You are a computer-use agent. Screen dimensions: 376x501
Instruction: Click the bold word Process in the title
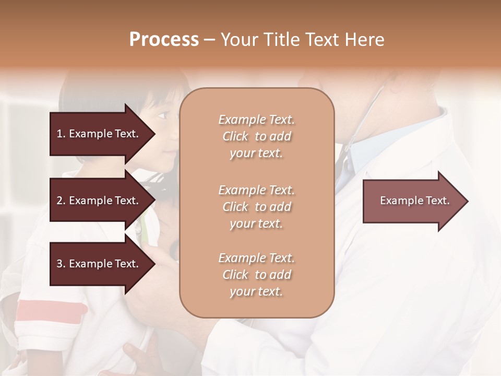(x=164, y=40)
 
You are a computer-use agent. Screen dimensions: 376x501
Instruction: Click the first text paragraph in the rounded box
(x=256, y=136)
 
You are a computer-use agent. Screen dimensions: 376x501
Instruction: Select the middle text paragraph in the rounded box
(x=256, y=206)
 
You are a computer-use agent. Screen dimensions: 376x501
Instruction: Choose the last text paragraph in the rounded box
(x=256, y=275)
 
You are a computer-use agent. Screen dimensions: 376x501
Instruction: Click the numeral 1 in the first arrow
(x=59, y=134)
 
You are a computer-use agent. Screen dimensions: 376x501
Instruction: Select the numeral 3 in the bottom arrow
(x=59, y=264)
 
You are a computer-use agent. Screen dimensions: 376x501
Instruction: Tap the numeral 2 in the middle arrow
(x=59, y=201)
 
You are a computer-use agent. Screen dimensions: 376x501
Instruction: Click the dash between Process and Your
(x=210, y=40)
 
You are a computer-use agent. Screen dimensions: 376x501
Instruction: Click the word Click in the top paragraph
(x=235, y=136)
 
